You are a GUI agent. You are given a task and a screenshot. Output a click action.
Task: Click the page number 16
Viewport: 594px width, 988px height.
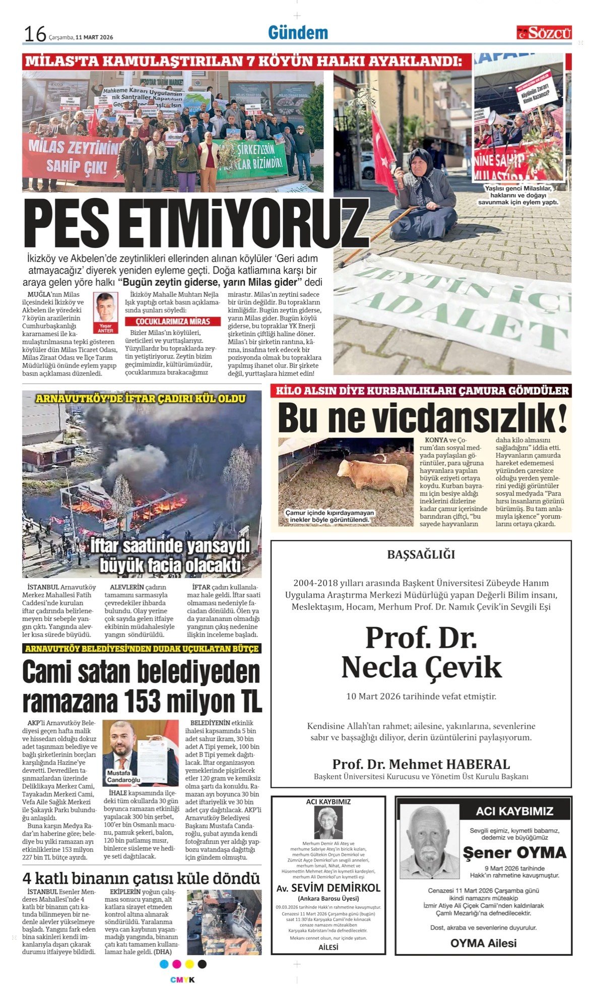[35, 34]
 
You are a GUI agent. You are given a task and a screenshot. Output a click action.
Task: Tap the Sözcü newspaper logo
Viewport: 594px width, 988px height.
[544, 33]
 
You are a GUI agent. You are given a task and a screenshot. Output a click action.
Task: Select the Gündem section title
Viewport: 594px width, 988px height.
[298, 33]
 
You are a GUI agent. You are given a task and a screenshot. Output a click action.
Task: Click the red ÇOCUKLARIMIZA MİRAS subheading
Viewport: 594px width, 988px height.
[173, 322]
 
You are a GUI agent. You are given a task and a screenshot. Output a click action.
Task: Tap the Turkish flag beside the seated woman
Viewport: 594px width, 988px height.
[383, 149]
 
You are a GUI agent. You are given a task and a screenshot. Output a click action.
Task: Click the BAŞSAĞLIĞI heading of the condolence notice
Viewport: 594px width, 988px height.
[421, 554]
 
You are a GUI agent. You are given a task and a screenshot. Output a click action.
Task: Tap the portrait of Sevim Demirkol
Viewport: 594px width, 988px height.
[328, 823]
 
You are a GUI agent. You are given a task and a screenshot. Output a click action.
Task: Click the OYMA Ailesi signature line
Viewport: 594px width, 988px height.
[483, 943]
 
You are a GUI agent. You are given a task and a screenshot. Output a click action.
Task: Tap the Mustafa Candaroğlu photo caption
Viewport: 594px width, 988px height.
[123, 777]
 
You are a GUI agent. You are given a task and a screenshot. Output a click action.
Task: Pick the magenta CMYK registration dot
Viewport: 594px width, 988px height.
[176, 964]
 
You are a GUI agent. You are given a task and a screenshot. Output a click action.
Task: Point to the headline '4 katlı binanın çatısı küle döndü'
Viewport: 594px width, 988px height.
[141, 879]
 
